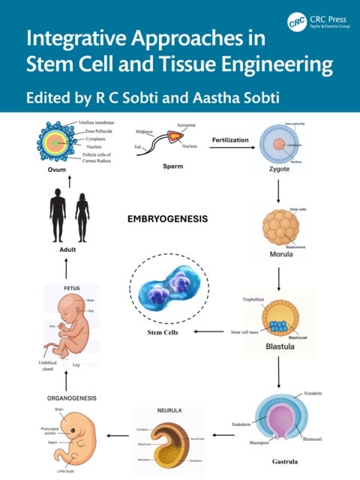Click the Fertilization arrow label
click(x=230, y=139)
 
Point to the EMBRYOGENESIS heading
click(x=166, y=220)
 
